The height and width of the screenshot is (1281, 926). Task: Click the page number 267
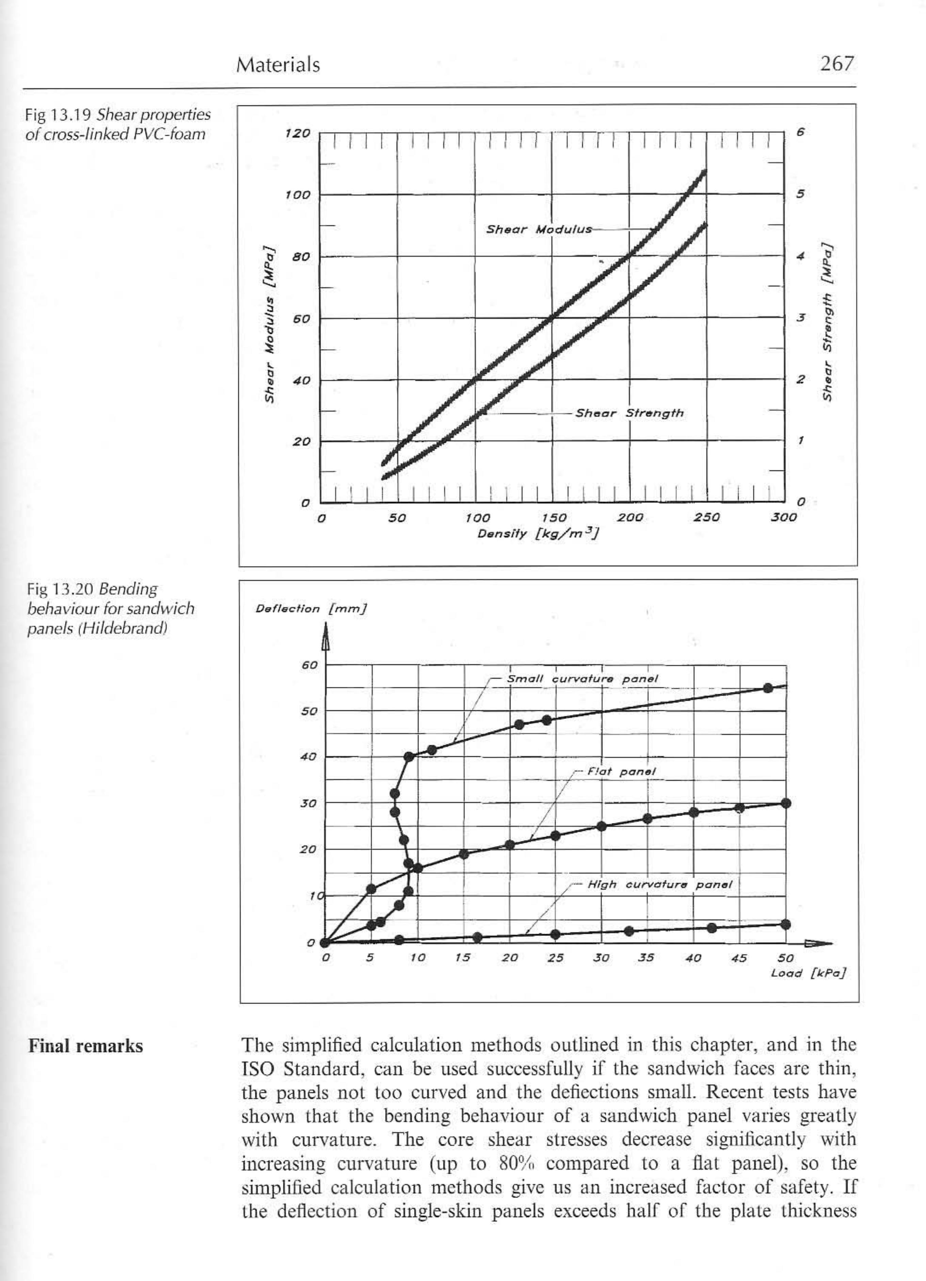click(837, 64)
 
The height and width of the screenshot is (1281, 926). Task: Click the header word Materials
click(277, 65)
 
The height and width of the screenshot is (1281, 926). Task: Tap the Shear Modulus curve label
click(539, 229)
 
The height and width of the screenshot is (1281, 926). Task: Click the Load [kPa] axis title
click(808, 973)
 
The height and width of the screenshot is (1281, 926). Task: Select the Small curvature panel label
click(582, 678)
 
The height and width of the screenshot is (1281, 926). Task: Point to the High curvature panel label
click(659, 885)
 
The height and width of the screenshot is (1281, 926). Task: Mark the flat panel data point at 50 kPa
click(785, 803)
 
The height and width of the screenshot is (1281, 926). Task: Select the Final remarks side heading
click(85, 1046)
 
